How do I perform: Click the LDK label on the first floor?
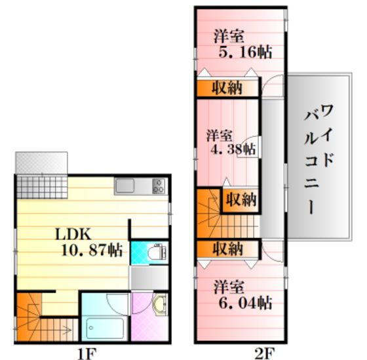pyautogui.click(x=73, y=233)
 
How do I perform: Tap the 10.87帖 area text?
pyautogui.click(x=92, y=250)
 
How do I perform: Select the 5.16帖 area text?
pyautogui.click(x=246, y=52)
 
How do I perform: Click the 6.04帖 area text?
pyautogui.click(x=246, y=303)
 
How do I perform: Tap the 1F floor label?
pyautogui.click(x=87, y=353)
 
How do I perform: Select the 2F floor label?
pyautogui.click(x=264, y=353)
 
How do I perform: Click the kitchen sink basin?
pyautogui.click(x=125, y=186)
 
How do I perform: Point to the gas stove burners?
pyautogui.click(x=159, y=186)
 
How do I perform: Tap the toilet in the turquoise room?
pyautogui.click(x=157, y=252)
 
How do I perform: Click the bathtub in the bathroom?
pyautogui.click(x=105, y=328)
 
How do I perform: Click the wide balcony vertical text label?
pyautogui.click(x=319, y=159)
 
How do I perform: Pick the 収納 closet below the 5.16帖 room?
pyautogui.click(x=227, y=88)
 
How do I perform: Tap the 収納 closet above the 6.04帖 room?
pyautogui.click(x=227, y=249)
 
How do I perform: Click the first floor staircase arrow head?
pyautogui.click(x=69, y=330)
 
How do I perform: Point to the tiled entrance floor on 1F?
pyautogui.click(x=42, y=187)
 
